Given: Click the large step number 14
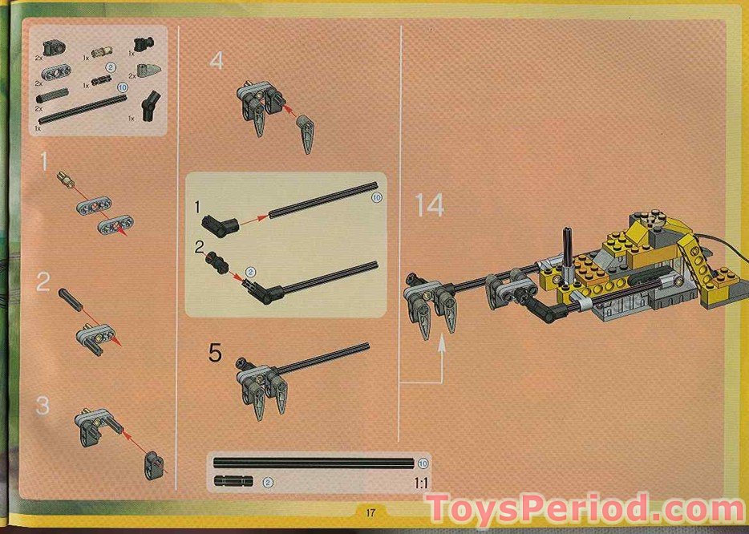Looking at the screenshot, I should click(430, 206).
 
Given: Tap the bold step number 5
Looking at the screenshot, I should click(214, 353).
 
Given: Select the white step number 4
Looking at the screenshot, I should click(217, 61).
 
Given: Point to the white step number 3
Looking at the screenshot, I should click(43, 406).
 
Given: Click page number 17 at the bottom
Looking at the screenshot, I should click(370, 513).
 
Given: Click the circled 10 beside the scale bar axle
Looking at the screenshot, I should click(423, 463).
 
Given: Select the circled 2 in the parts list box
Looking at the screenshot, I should click(111, 68).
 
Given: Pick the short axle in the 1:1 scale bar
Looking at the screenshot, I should click(233, 482).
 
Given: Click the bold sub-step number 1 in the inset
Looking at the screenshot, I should click(197, 208).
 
